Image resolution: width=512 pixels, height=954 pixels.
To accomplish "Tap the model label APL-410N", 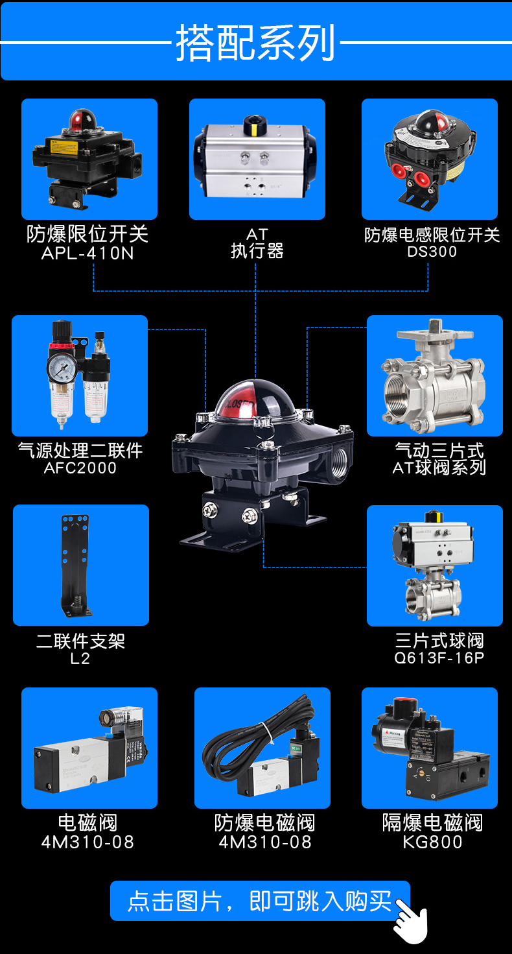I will click(87, 254).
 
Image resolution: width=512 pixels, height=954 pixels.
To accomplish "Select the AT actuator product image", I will click(257, 159).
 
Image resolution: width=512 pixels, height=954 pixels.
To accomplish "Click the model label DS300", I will click(432, 252).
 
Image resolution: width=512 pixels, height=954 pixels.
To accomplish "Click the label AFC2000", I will click(80, 468).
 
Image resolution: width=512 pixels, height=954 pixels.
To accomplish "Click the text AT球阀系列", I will click(439, 468).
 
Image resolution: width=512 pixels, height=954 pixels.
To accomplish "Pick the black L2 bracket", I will click(75, 565).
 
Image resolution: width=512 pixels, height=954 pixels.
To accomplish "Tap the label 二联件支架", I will click(80, 641).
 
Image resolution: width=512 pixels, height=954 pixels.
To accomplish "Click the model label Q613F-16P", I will click(439, 658).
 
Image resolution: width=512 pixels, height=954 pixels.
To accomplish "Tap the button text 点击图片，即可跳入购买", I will click(259, 901).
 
